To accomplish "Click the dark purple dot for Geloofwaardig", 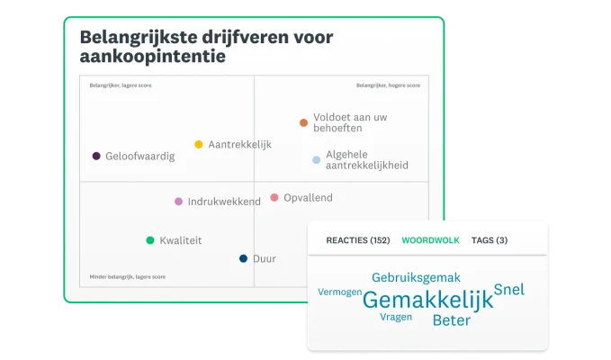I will coord(96,156).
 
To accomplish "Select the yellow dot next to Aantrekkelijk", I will coord(199,144).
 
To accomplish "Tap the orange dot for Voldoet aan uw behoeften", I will coord(303,122).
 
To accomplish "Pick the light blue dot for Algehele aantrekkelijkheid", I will coord(316,160).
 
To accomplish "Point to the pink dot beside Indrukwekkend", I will coord(178,202).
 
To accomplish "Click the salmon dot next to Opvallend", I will coord(274,197).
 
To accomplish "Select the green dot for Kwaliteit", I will coord(150,240).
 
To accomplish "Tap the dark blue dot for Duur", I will coord(243,258).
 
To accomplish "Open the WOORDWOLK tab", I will coord(430,240).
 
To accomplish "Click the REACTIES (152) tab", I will coord(357,240).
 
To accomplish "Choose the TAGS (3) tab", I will coord(490,240).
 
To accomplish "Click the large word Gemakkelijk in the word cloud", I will coord(427,300).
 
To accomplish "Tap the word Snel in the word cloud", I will coord(509,290).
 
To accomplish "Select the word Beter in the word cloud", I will coord(451,320).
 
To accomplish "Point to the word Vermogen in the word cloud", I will coord(340,292).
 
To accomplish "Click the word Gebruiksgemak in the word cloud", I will coord(416,277).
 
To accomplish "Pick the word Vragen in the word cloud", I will coord(396,317).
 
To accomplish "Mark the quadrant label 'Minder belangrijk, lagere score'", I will coord(127,276).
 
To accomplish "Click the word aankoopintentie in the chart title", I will coord(153,57).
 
